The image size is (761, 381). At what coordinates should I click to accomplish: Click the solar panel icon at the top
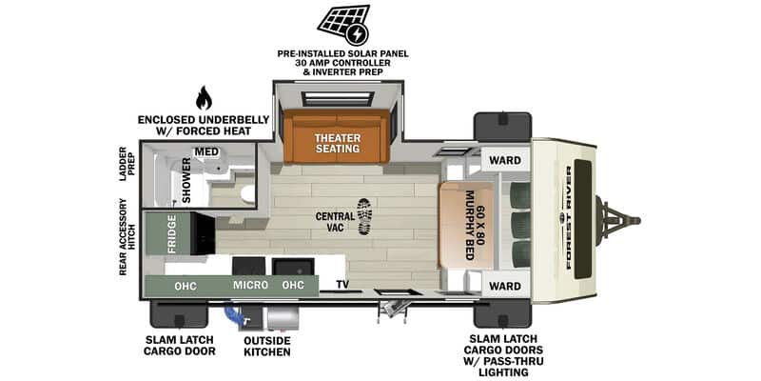click(343, 25)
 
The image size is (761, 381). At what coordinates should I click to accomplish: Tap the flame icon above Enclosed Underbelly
click(204, 98)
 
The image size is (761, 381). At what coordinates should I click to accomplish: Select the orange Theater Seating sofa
click(337, 136)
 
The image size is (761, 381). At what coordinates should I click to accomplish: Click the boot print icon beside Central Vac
click(364, 216)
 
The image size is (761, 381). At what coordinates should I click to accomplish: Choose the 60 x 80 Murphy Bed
click(467, 226)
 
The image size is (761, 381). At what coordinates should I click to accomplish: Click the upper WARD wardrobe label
click(505, 160)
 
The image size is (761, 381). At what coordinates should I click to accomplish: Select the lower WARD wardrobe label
click(505, 286)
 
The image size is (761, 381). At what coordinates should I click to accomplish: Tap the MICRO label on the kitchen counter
click(250, 285)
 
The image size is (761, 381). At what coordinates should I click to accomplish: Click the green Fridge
click(171, 233)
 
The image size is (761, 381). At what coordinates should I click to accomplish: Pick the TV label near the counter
click(342, 285)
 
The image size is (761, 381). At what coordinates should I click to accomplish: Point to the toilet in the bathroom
click(248, 193)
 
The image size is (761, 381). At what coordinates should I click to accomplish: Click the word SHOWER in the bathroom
click(186, 180)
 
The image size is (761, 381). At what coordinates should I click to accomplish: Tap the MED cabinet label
click(205, 151)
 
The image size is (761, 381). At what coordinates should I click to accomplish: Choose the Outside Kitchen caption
click(267, 346)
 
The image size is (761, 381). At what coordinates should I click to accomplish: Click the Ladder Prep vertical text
click(123, 164)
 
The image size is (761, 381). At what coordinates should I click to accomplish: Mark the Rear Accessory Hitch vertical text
click(123, 236)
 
